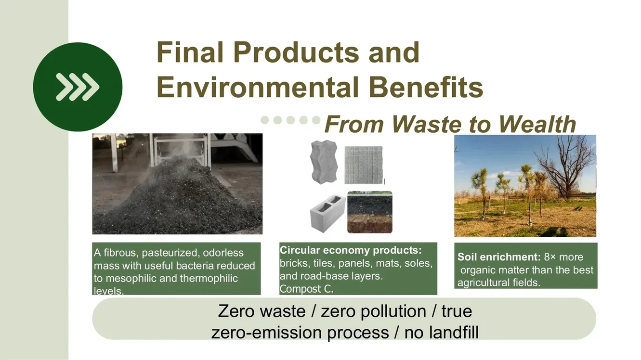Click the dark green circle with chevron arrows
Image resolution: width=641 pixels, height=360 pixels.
78,87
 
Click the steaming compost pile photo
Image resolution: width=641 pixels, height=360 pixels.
177,184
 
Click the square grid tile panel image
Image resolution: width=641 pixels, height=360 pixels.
364,165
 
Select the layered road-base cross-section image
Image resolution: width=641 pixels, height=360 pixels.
369,212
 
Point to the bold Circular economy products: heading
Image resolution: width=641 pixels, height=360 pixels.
351,250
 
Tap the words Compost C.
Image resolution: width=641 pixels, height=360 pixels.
307,289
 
